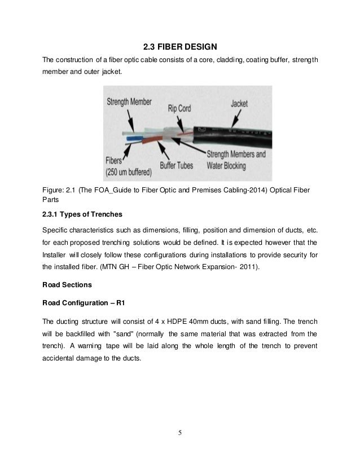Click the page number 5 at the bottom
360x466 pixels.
coord(180,434)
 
